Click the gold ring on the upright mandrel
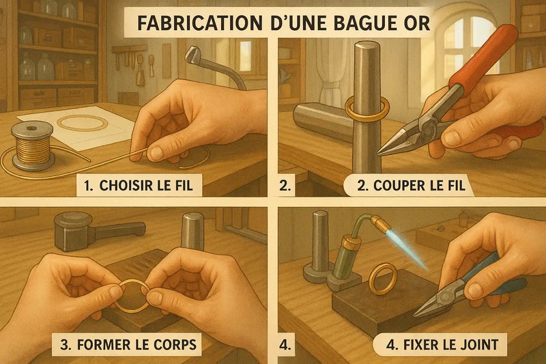(367, 107)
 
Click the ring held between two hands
(134, 294)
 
